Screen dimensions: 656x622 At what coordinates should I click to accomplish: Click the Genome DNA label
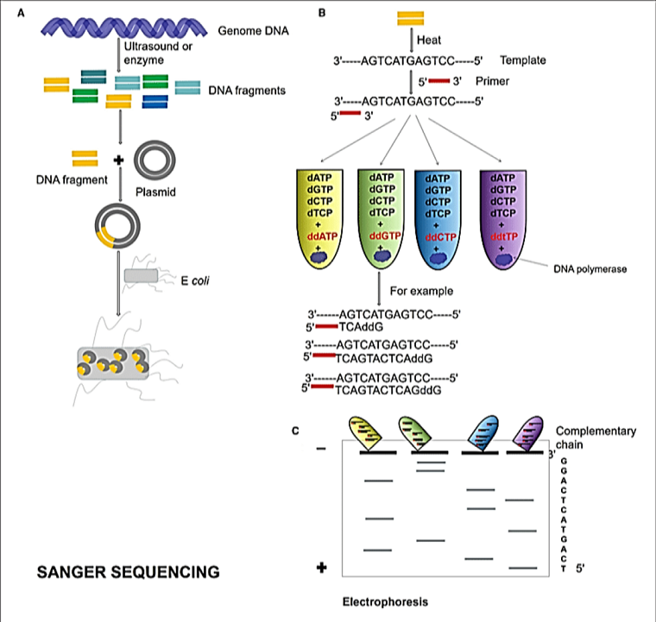253,30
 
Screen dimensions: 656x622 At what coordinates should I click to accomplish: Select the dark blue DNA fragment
155,102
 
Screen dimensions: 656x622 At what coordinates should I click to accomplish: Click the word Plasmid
155,192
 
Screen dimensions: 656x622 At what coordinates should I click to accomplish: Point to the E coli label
195,280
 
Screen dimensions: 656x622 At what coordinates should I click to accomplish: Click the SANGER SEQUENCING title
129,572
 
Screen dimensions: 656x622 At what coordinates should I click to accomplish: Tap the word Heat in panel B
429,40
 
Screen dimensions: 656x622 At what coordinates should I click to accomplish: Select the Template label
523,60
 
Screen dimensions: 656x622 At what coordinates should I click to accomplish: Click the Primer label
492,81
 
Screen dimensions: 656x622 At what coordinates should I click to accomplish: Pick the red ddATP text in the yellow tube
322,236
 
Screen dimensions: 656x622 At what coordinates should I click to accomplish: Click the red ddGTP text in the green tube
385,236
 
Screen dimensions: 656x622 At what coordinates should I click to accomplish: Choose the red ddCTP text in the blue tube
440,237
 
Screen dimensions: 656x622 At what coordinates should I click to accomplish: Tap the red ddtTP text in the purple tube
504,236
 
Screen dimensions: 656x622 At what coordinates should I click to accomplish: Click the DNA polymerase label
590,269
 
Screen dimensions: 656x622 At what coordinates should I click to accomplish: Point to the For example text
421,291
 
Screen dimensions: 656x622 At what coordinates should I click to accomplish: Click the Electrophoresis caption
385,602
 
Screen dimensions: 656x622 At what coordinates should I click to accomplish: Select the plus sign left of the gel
321,568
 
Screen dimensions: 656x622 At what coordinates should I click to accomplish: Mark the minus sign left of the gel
321,449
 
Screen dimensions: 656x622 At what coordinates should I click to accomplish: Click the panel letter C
295,430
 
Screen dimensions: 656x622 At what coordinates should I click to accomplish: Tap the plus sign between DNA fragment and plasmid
119,160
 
